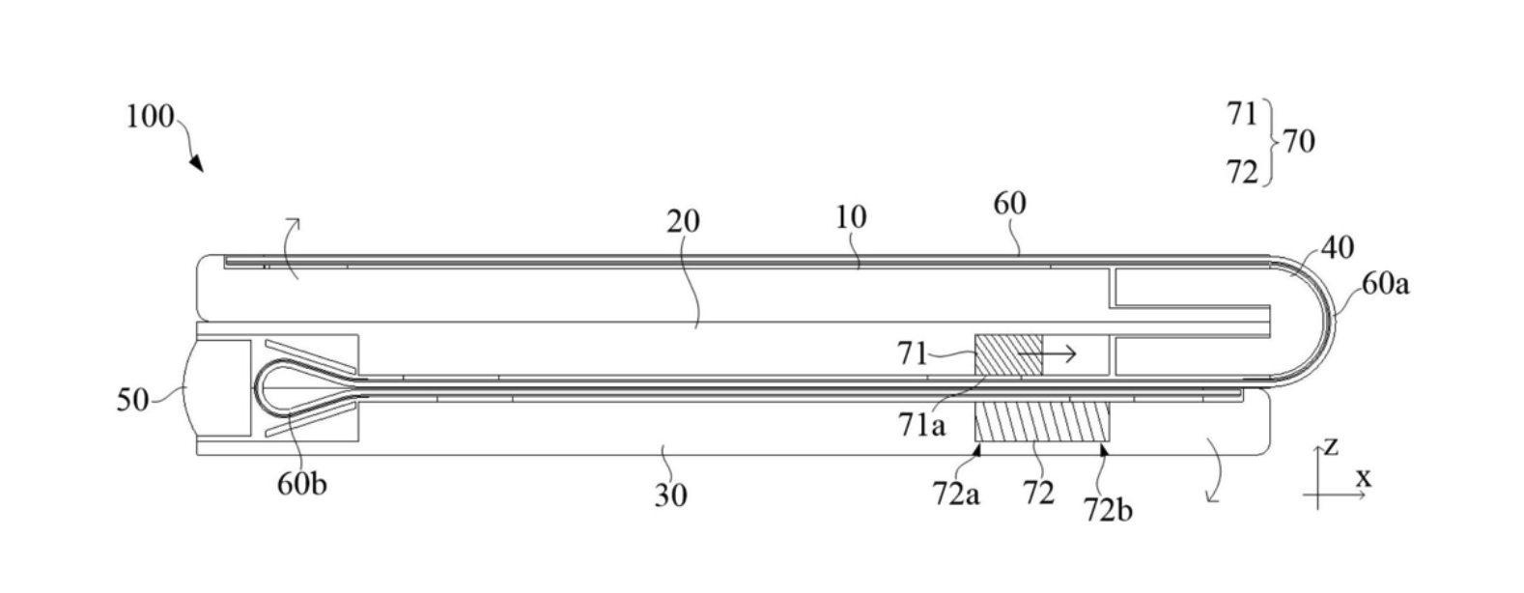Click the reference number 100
pos(149,118)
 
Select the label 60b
pos(301,483)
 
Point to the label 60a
pos(1385,283)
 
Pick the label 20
pos(683,222)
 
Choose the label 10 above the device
pos(851,217)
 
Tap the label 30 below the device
pos(671,494)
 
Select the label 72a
pos(956,494)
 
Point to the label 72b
pos(1107,508)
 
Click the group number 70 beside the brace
pos(1298,142)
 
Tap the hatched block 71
pos(1008,355)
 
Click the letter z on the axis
pos(1331,445)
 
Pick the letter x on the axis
pos(1364,477)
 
